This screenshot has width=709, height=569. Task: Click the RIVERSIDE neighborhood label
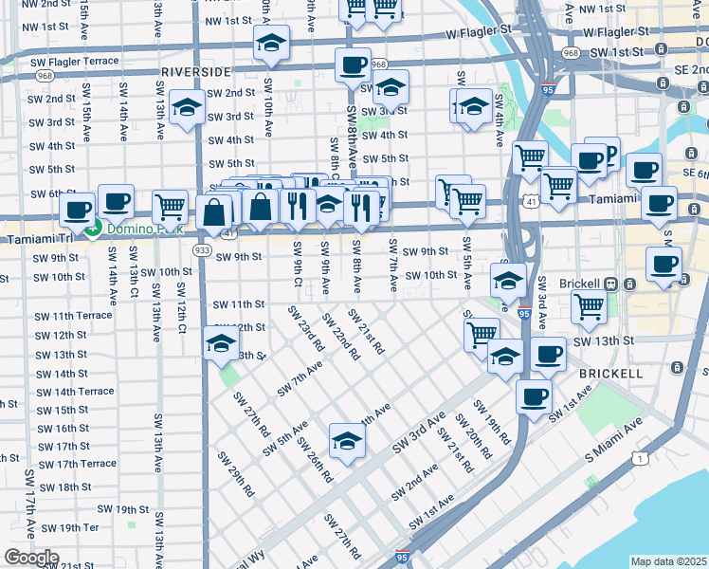196,72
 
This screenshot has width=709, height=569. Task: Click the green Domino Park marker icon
93,228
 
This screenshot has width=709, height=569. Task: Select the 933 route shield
202,249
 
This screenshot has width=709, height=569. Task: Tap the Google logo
30,559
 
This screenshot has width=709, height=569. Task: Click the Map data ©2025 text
669,561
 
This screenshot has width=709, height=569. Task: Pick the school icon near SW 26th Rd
347,442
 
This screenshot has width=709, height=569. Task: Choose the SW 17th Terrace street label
72,464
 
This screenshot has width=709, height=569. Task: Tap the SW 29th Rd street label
236,474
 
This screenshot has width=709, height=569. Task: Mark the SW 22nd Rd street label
340,337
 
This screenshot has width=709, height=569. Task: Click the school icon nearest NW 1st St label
271,45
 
